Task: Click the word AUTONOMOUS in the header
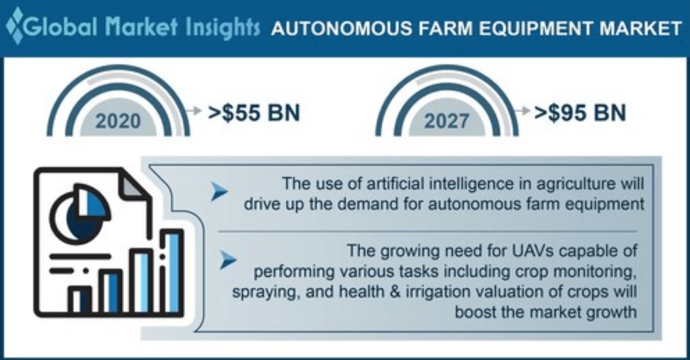pos(342,28)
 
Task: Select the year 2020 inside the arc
pos(118,121)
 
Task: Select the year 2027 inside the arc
pos(447,121)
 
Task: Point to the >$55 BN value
pos(254,112)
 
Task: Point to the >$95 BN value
pos(580,112)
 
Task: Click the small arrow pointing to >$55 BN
pos(194,110)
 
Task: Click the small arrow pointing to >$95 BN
pos(522,110)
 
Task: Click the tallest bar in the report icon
pos(171,271)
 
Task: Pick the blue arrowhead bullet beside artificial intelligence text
pos(219,191)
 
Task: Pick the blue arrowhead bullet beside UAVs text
pos(228,260)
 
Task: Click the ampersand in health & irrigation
pos(395,291)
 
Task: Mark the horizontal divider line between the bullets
pos(427,231)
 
